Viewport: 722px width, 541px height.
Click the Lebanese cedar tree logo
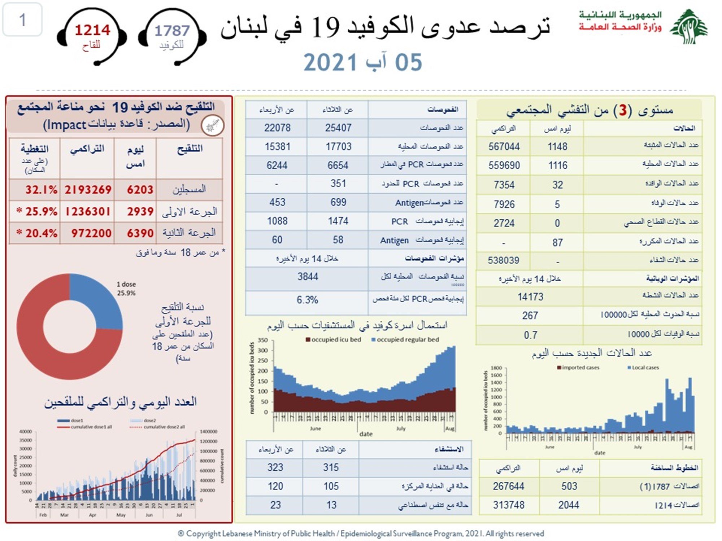(x=689, y=27)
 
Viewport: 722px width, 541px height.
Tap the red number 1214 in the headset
(x=92, y=30)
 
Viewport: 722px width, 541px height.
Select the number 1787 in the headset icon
(x=172, y=31)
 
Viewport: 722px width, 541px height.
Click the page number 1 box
(x=22, y=19)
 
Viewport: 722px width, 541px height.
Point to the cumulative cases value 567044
(x=504, y=146)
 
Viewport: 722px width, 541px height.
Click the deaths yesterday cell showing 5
(x=557, y=204)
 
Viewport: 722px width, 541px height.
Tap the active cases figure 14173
(x=530, y=297)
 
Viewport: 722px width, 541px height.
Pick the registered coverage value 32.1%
(x=41, y=190)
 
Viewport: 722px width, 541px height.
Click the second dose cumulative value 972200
(x=91, y=233)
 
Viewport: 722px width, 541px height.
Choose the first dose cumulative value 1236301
(x=88, y=212)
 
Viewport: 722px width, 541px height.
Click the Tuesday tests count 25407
(x=338, y=128)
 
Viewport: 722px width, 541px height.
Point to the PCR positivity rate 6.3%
(x=307, y=300)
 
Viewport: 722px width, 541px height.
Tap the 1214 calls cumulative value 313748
(x=508, y=505)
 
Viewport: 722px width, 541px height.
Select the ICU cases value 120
(x=275, y=486)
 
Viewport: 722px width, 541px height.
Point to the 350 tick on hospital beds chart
(x=263, y=340)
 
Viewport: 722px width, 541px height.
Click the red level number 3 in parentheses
(x=623, y=110)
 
